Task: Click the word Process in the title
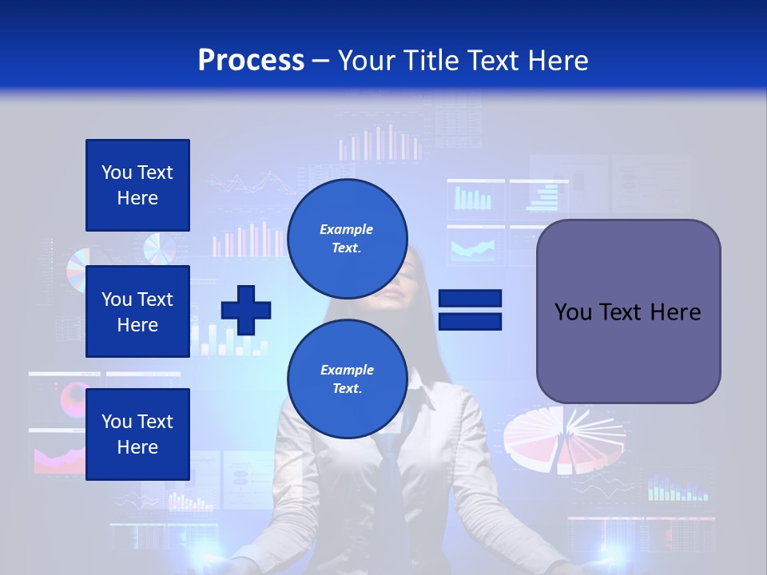[251, 61]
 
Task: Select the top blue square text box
[137, 185]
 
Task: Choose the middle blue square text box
[137, 311]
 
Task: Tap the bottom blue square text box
[137, 434]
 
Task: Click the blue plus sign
[246, 310]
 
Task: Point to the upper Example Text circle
[347, 238]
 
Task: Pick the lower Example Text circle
[347, 379]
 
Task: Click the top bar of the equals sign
[470, 299]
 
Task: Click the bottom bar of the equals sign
[470, 321]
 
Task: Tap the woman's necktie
[390, 479]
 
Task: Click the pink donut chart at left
[77, 395]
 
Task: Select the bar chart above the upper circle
[380, 144]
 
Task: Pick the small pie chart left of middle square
[77, 270]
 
